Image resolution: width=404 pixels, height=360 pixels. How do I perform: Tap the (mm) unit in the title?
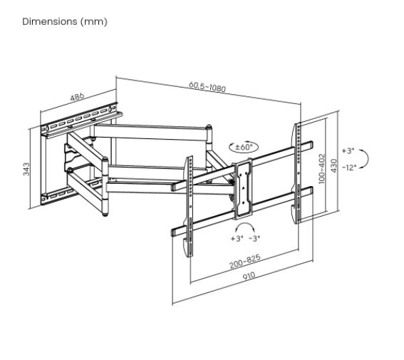(95, 21)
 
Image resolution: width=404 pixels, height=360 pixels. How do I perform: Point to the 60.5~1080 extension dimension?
(207, 87)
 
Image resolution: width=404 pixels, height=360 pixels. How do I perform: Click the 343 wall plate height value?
(26, 169)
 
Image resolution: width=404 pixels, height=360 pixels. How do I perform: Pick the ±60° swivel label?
(244, 147)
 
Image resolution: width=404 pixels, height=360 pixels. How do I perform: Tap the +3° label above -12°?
(348, 151)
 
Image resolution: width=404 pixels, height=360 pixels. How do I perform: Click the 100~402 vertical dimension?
(322, 168)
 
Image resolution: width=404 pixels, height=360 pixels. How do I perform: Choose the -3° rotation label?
(254, 238)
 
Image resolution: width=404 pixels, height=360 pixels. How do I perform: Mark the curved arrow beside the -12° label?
(365, 159)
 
